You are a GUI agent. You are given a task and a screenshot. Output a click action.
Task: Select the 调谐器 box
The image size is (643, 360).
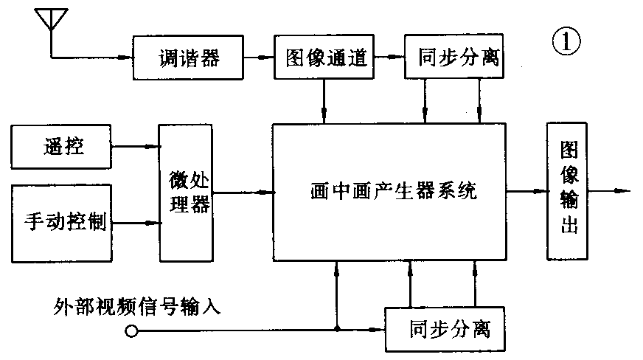(189, 58)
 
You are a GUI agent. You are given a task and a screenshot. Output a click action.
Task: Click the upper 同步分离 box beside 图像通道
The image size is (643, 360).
(452, 58)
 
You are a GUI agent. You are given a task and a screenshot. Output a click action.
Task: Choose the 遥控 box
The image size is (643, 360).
(61, 147)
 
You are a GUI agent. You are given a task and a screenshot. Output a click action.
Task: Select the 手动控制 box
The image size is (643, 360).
(61, 222)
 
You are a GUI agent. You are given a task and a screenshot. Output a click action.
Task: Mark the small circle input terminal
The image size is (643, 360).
(131, 331)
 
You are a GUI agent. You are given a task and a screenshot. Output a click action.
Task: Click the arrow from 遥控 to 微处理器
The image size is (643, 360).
(136, 147)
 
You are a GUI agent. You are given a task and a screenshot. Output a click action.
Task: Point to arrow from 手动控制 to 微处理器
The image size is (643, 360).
(136, 222)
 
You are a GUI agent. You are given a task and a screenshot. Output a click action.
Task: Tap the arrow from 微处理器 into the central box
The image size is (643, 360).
(243, 193)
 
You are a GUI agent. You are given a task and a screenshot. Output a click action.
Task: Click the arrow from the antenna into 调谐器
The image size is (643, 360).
(103, 57)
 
